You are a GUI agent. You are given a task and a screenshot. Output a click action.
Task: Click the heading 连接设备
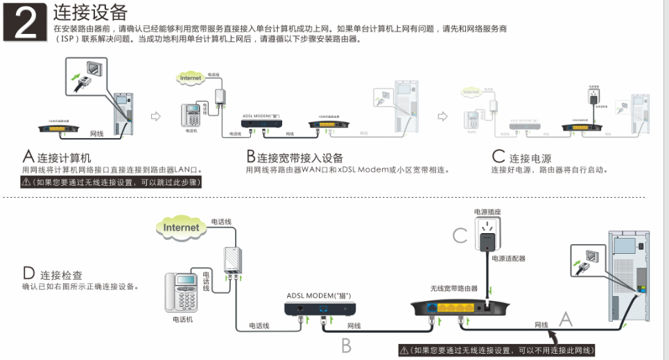click(x=90, y=13)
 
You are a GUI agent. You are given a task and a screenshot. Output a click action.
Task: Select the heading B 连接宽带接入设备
click(x=295, y=157)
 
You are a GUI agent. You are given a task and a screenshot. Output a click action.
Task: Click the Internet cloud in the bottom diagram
click(x=182, y=227)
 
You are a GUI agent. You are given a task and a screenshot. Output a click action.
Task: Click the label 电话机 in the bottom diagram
click(x=183, y=320)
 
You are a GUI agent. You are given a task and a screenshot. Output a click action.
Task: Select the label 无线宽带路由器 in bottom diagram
click(x=453, y=288)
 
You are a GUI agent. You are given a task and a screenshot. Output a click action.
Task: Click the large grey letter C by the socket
click(x=460, y=235)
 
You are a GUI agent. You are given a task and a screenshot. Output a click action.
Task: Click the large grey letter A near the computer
click(x=566, y=319)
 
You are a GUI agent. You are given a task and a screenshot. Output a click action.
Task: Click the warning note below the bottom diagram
click(x=497, y=350)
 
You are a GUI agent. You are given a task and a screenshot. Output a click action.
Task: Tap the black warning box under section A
click(x=111, y=182)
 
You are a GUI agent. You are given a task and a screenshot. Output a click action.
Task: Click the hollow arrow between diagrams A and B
click(x=156, y=116)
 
